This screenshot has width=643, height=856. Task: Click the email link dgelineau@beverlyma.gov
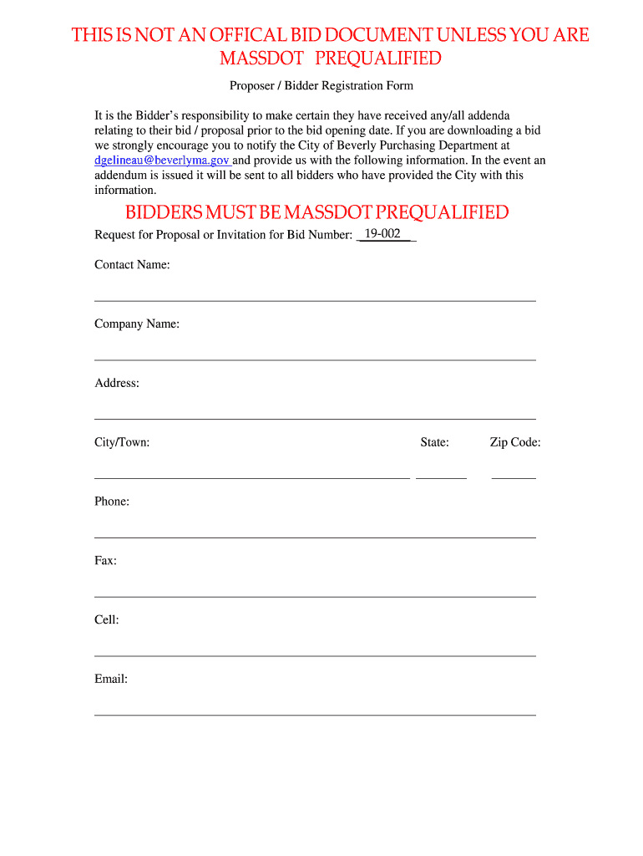(162, 160)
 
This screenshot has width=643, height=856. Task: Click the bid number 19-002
(382, 234)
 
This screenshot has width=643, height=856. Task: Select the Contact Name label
(132, 265)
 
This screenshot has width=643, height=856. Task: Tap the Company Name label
(137, 324)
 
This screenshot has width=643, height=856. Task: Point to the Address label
(117, 383)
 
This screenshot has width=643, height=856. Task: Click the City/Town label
(122, 442)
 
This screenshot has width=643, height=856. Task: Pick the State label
(434, 442)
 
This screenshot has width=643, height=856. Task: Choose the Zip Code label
(515, 442)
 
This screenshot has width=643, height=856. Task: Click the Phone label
(112, 502)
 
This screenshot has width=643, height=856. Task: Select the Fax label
(105, 561)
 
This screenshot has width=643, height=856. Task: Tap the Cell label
(107, 620)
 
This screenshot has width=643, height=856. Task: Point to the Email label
(111, 679)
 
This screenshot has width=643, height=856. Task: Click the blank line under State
(441, 477)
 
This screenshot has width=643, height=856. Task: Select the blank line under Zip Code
(514, 477)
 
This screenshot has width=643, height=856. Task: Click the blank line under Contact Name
(315, 300)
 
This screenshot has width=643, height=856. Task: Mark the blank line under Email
(315, 714)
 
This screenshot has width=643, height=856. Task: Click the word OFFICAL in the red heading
(240, 35)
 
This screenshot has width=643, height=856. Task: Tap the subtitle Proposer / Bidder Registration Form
(321, 85)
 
